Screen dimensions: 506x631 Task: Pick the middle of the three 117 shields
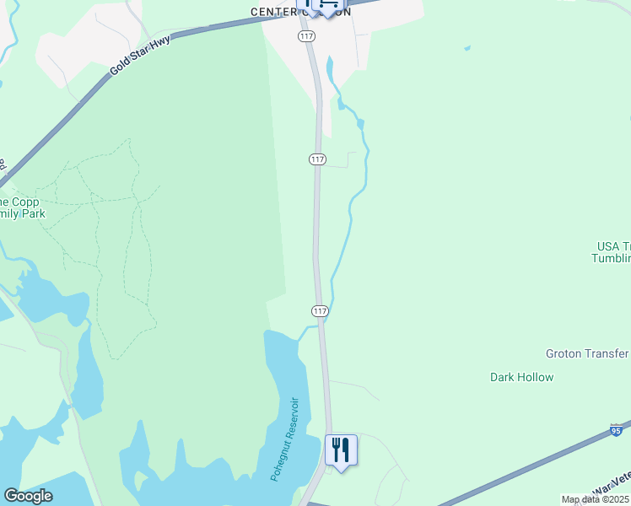(x=317, y=159)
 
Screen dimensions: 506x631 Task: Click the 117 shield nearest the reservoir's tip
(x=320, y=311)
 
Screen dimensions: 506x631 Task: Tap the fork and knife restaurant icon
(x=341, y=448)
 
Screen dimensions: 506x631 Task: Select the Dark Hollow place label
(x=521, y=377)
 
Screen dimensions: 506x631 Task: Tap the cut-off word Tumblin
(x=611, y=258)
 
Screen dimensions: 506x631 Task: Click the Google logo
(x=28, y=495)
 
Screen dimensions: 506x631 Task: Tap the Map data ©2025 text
(x=595, y=499)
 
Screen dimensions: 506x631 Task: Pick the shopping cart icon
(x=326, y=5)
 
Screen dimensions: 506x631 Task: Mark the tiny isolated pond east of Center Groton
(x=467, y=48)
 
